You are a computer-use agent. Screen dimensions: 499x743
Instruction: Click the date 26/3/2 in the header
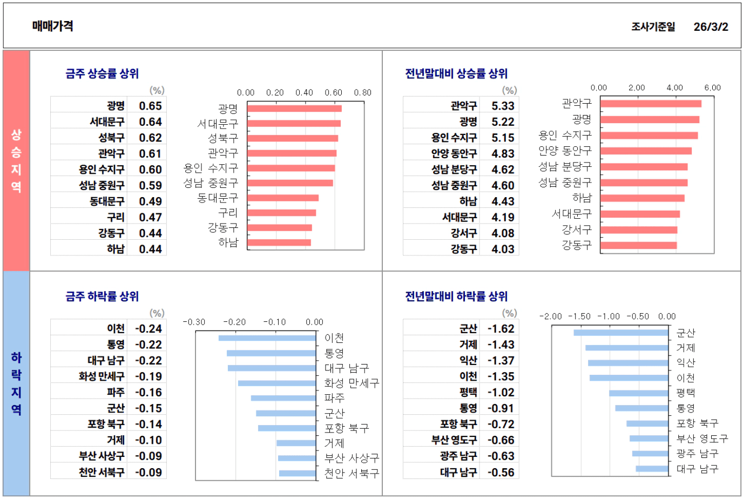coord(711,26)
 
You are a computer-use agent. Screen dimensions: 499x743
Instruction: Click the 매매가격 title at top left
coord(52,26)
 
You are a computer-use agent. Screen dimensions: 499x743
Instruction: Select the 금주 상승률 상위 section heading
coord(102,73)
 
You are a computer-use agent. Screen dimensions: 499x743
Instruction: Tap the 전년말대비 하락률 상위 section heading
coord(456,296)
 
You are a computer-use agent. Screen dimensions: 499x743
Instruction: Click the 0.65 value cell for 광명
coord(150,106)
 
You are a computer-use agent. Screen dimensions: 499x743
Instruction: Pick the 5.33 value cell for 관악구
coord(503,106)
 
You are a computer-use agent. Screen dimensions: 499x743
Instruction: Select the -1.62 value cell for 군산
coord(501,329)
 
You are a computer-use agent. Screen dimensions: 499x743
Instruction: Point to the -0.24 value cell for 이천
coord(148,329)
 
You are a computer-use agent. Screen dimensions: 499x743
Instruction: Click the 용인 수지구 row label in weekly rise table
coord(102,170)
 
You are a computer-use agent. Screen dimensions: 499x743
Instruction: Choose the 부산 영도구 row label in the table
coord(454,440)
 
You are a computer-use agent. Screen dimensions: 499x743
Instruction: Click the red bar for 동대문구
coord(283,198)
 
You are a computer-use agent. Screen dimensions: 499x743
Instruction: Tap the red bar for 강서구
coord(638,230)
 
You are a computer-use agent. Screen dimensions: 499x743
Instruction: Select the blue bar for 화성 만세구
coord(276,383)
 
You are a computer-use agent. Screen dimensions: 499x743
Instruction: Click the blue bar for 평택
coord(638,393)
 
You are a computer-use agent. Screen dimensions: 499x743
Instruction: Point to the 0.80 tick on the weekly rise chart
coord(362,92)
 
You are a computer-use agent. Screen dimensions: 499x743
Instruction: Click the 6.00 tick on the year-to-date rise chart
coord(712,87)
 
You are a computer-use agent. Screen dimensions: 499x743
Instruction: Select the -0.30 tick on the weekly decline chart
coord(194,322)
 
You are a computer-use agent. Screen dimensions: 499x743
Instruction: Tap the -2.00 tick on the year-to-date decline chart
coord(550,316)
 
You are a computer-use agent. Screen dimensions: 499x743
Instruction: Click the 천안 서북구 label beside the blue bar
coord(352,473)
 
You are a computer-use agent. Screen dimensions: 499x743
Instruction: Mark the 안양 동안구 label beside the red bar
coord(565,150)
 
